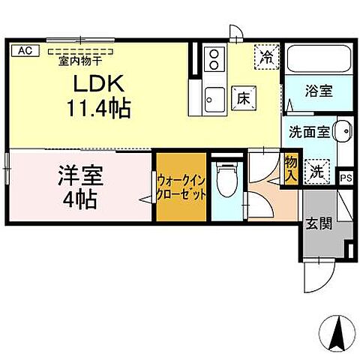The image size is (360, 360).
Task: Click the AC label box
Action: [x=24, y=51]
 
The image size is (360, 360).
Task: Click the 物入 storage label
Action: [x=291, y=169]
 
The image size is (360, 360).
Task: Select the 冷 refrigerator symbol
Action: [x=265, y=55]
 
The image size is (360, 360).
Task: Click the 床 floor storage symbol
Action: [x=243, y=96]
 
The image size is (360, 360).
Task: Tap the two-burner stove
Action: [x=214, y=57]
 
